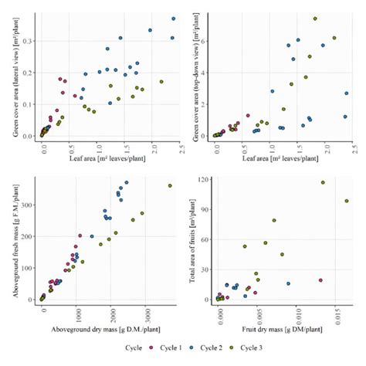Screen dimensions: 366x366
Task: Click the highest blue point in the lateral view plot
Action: point(173,19)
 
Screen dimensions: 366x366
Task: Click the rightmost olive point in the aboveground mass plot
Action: point(170,185)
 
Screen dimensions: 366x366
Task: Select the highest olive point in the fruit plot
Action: point(323,183)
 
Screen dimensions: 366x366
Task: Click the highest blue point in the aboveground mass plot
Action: point(127,183)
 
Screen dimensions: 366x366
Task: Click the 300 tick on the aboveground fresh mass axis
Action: point(29,205)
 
